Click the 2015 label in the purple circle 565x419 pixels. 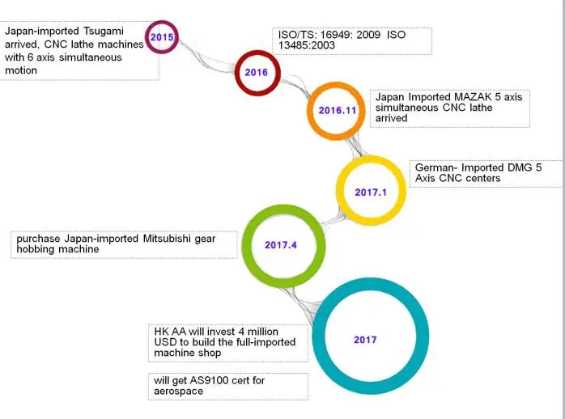161,37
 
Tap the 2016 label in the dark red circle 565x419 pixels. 257,73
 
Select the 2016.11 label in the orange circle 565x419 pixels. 337,111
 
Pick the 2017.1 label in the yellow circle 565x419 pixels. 372,192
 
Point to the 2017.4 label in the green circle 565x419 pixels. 282,244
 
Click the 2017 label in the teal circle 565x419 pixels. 365,340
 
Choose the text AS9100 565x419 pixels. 204,379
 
